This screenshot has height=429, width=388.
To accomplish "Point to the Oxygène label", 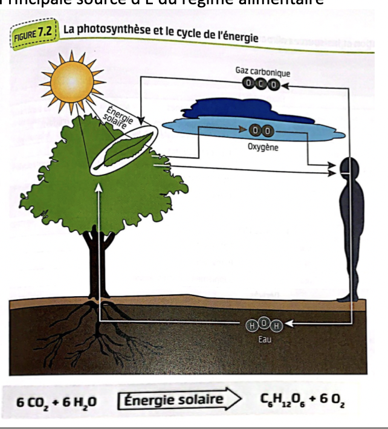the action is tap(263, 147).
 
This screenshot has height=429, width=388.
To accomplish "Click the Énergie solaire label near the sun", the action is tap(114, 117).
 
